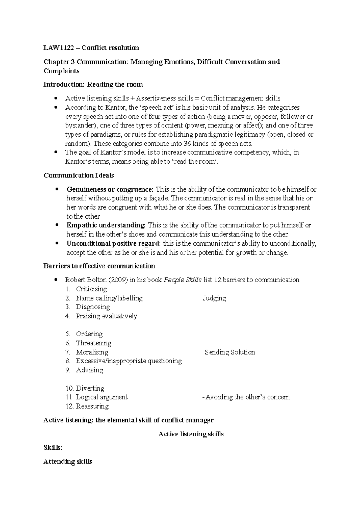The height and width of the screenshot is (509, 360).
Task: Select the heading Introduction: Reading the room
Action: (93, 85)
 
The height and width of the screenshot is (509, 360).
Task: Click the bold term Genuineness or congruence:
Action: (110, 189)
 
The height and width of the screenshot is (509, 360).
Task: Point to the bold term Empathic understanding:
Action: (106, 225)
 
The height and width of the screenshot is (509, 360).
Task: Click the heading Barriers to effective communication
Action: (99, 266)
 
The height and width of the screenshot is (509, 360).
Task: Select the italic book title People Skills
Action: (182, 280)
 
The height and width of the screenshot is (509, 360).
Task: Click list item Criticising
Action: (91, 289)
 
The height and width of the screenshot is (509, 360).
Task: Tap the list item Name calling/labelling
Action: (109, 298)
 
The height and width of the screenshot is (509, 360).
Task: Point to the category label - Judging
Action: (212, 298)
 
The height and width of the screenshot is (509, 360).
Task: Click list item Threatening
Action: (93, 343)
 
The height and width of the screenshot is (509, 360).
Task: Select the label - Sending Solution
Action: (228, 352)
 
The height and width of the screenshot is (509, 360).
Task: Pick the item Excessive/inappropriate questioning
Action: (129, 361)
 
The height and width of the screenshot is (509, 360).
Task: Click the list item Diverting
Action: (90, 388)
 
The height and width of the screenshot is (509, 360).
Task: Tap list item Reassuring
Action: (92, 406)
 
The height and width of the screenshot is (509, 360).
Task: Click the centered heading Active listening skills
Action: (191, 434)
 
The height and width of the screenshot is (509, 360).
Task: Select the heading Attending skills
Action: (68, 462)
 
